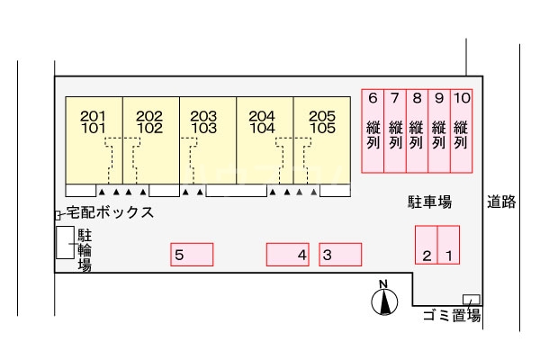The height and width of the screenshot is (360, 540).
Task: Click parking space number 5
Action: [x=192, y=255]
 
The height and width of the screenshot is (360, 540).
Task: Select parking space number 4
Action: [x=288, y=255]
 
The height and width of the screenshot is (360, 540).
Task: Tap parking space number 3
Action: [x=340, y=255]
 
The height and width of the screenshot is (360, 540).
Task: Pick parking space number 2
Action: [x=427, y=245]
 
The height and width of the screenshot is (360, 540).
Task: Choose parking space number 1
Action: [x=449, y=245]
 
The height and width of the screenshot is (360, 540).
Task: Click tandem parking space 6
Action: [x=373, y=130]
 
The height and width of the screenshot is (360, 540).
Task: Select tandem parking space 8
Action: [x=417, y=130]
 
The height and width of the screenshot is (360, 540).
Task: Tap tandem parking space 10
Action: [x=462, y=130]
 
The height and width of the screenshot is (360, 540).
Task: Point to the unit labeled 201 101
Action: [x=94, y=140]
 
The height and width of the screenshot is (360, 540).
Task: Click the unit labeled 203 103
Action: [x=208, y=140]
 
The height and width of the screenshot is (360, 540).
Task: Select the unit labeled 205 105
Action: [x=322, y=140]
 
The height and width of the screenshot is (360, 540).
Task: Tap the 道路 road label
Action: [x=501, y=202]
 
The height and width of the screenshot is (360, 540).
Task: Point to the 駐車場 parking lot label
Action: [x=429, y=202]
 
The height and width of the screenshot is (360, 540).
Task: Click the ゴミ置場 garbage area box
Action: [x=471, y=300]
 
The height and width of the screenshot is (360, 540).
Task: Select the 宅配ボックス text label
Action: [x=110, y=212]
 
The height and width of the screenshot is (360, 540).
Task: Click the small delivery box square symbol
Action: [x=58, y=215]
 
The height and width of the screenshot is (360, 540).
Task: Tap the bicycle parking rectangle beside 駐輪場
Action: [x=65, y=242]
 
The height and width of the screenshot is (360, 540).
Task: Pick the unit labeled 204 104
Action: [x=265, y=140]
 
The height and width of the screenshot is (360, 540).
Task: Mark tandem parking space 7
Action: [x=395, y=130]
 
